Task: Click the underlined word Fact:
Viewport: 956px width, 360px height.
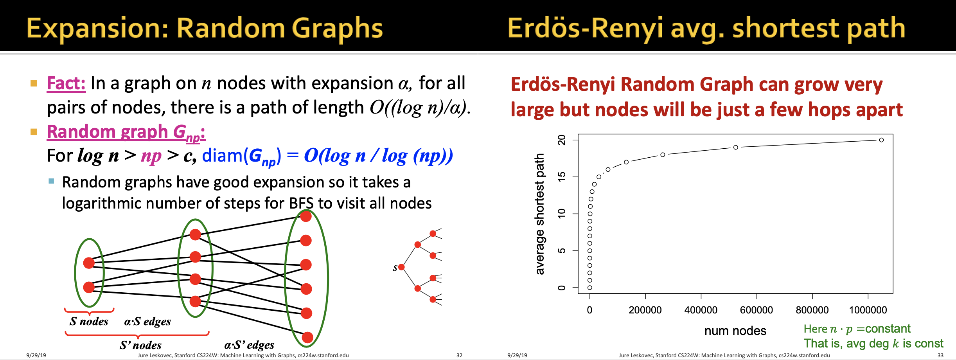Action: pyautogui.click(x=66, y=83)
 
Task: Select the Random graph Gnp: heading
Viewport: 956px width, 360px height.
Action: pyautogui.click(x=126, y=132)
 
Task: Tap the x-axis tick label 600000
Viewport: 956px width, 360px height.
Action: pyautogui.click(x=756, y=310)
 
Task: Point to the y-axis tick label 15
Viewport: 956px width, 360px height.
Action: pyautogui.click(x=562, y=177)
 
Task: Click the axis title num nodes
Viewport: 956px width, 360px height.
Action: pyautogui.click(x=735, y=331)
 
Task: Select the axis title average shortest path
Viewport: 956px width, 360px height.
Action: pyautogui.click(x=540, y=214)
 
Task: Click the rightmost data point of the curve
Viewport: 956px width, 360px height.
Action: pyautogui.click(x=881, y=140)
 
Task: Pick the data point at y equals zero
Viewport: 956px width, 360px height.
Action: pyautogui.click(x=590, y=288)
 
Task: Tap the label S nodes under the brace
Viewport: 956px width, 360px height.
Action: pyautogui.click(x=89, y=322)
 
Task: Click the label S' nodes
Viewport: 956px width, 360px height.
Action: pyautogui.click(x=140, y=345)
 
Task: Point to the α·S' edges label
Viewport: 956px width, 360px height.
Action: pyautogui.click(x=249, y=345)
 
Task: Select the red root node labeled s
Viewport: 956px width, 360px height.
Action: pyautogui.click(x=401, y=267)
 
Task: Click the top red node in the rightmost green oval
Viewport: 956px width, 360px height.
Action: pyautogui.click(x=306, y=216)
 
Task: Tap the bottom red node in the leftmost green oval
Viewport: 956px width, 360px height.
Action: pyautogui.click(x=89, y=287)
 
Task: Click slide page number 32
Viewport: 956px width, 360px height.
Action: pyautogui.click(x=459, y=355)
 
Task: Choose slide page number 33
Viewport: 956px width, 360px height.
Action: pyautogui.click(x=940, y=355)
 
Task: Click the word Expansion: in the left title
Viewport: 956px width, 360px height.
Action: pyautogui.click(x=97, y=29)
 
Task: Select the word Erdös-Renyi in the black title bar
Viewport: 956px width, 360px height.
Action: pyautogui.click(x=585, y=29)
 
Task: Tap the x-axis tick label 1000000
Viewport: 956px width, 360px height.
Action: pyautogui.click(x=868, y=310)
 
